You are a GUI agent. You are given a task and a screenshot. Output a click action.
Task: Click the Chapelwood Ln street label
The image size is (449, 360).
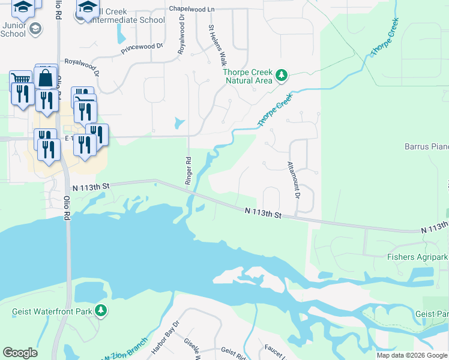(x=191, y=10)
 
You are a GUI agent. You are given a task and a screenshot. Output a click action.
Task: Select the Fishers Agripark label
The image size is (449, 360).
(x=418, y=257)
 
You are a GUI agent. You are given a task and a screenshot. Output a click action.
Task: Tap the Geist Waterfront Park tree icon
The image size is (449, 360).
(x=103, y=310)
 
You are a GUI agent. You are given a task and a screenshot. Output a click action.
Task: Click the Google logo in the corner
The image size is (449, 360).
(x=20, y=353)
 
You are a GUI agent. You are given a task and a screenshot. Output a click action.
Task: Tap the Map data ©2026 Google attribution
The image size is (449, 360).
(x=411, y=355)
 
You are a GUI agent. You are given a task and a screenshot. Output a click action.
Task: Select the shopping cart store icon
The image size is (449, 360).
(x=20, y=79)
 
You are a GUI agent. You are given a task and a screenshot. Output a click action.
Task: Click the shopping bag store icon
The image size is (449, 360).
(x=46, y=77)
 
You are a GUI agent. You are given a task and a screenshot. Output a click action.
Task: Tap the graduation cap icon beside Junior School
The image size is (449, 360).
(x=35, y=28)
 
